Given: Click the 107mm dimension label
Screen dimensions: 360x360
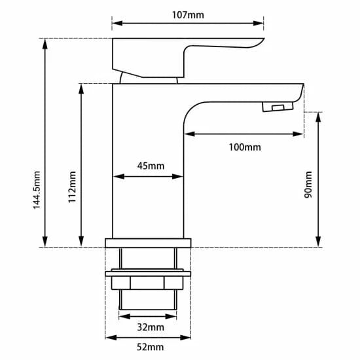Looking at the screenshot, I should (187, 15).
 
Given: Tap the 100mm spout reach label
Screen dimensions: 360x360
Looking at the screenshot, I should (244, 147).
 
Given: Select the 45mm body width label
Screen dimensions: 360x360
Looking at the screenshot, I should (151, 166).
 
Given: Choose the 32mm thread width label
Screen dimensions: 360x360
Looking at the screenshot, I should (151, 327).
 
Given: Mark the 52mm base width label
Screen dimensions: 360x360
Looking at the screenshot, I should (151, 347).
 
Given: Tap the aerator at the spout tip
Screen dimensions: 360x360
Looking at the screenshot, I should (278, 107).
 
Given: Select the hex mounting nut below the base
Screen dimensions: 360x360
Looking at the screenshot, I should (148, 283).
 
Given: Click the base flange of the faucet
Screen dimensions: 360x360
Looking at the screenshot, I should (148, 243).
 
